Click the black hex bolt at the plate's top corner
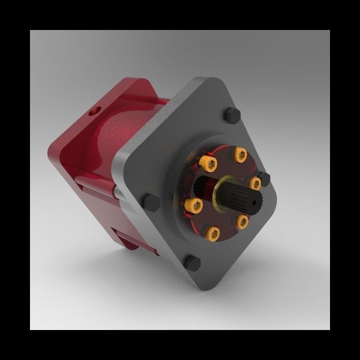point(232,115)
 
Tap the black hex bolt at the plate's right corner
point(263,178)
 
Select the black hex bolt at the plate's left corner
point(152,202)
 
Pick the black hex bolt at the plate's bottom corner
point(192,262)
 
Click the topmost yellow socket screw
point(241,155)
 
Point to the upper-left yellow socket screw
point(209,163)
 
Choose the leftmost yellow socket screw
point(193,206)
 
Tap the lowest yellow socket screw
point(212,233)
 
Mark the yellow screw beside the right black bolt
point(255,183)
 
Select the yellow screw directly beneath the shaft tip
point(242,223)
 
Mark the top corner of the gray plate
point(207,79)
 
